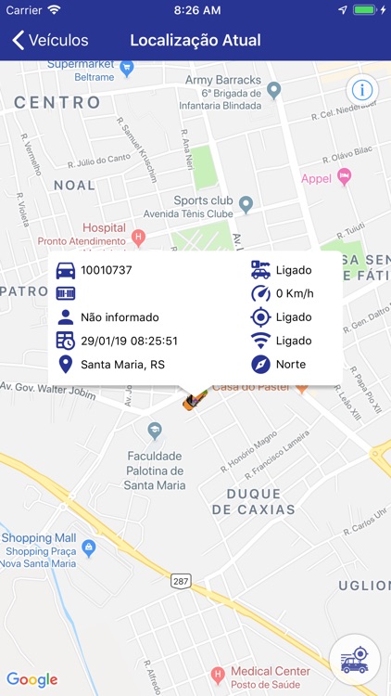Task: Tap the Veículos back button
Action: coord(50,41)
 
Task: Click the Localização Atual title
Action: coord(195,41)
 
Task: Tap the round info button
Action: coord(361,90)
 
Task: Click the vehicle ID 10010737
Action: coord(107,271)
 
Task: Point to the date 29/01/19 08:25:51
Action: coord(129,341)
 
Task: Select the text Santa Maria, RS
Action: coord(122,365)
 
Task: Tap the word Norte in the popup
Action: coord(291,365)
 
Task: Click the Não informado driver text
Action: coord(120,317)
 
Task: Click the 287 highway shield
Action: coord(181,582)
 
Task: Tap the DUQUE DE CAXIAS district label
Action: coord(254,502)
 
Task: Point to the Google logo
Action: coord(32,679)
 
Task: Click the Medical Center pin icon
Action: coord(218,674)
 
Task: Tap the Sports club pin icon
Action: coord(246,203)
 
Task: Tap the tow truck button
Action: coord(354,659)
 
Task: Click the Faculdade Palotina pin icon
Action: coord(155,430)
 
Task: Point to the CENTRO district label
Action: coord(57,102)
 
